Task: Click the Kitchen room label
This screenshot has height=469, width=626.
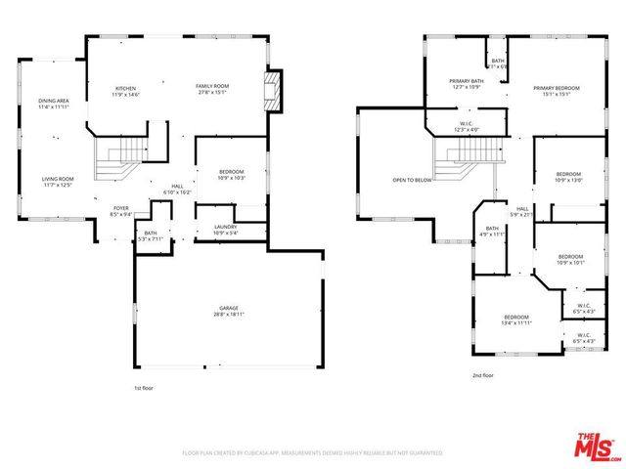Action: click(125, 91)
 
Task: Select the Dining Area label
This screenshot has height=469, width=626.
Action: click(53, 104)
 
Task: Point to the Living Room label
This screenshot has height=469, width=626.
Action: click(58, 182)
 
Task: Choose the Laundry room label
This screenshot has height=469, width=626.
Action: click(226, 231)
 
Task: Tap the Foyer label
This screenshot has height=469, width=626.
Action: click(120, 211)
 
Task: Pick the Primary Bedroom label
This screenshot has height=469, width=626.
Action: click(557, 91)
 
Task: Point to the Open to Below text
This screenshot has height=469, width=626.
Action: click(413, 181)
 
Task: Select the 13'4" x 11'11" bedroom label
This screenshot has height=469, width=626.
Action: click(516, 320)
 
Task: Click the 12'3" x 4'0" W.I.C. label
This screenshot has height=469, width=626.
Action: click(468, 127)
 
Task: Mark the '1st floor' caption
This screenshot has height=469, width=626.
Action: click(145, 388)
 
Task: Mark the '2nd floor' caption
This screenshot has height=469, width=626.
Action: click(482, 375)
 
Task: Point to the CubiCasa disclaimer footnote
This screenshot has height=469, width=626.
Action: click(313, 453)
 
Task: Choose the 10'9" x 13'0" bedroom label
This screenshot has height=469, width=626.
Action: click(569, 177)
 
